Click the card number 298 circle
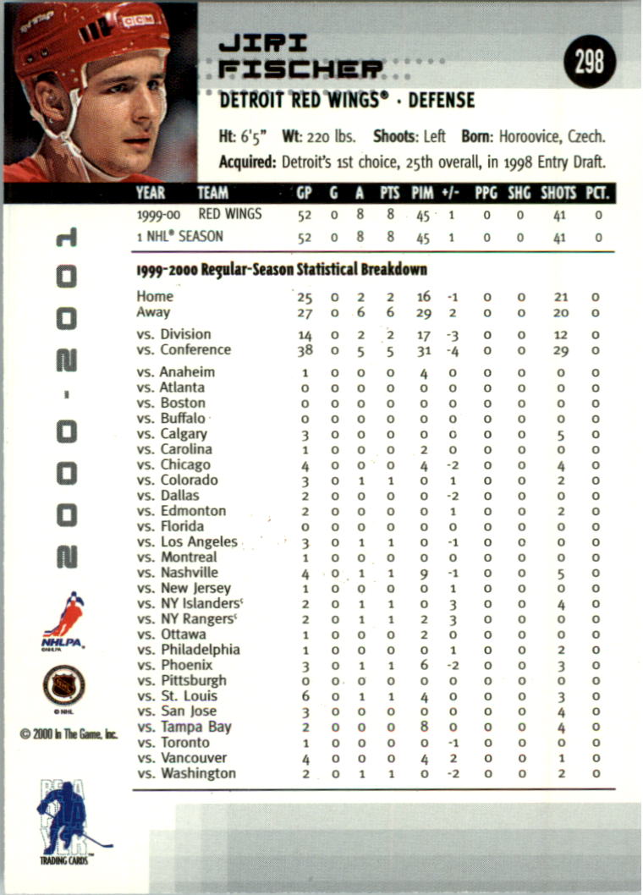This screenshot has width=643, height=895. click(591, 63)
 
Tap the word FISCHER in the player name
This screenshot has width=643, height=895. click(300, 70)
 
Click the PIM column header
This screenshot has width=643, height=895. click(422, 194)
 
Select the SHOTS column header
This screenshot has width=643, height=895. click(558, 194)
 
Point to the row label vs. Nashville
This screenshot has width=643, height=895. click(177, 573)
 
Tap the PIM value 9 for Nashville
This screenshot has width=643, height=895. click(423, 574)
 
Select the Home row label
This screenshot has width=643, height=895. click(155, 296)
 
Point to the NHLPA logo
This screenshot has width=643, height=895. click(63, 620)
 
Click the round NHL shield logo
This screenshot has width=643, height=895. click(64, 685)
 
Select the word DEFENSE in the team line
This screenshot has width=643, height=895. click(442, 102)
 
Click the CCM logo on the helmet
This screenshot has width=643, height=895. click(136, 19)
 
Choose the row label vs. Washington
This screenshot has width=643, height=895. click(186, 774)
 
